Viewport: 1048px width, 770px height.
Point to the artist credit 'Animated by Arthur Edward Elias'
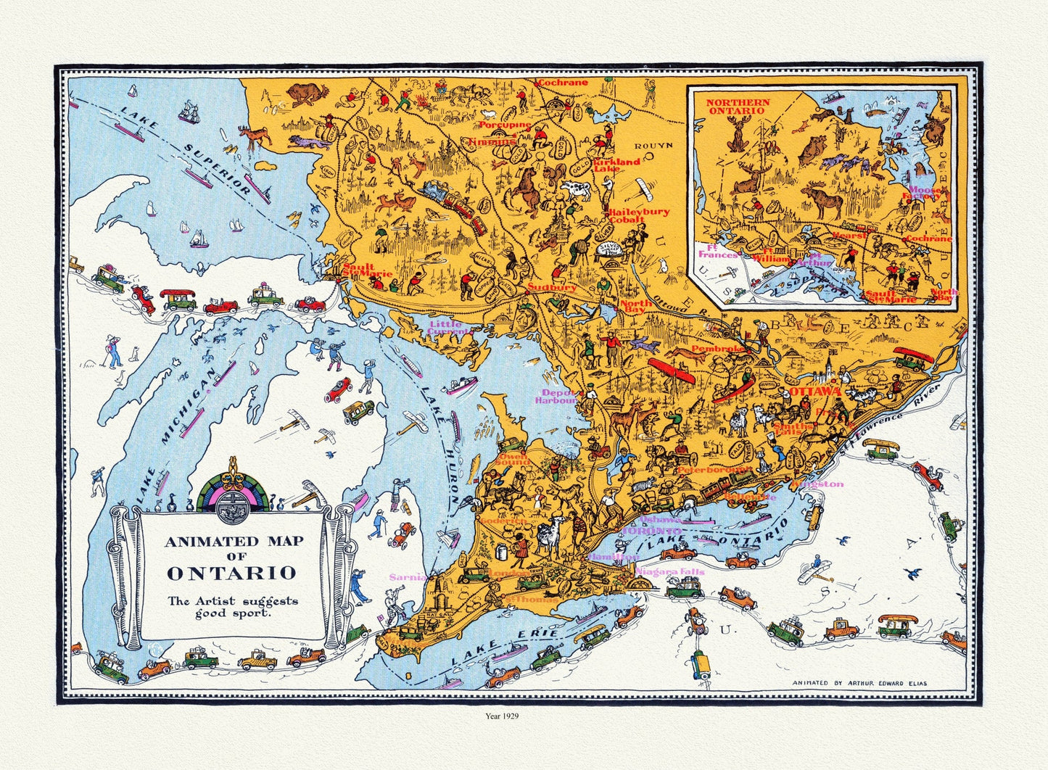(859, 683)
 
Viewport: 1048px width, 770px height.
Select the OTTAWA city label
(814, 392)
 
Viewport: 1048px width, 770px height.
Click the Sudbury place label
(552, 287)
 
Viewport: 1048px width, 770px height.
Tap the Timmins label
(491, 142)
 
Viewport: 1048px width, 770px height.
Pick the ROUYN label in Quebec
(655, 145)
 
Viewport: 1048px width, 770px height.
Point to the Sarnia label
(407, 577)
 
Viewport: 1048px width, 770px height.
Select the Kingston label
(817, 484)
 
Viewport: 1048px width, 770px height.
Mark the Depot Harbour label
(556, 396)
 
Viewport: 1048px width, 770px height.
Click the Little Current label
(450, 328)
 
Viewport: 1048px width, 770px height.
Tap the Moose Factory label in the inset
(924, 193)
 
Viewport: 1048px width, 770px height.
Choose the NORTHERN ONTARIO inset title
(738, 106)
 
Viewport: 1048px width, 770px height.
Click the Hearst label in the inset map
(849, 236)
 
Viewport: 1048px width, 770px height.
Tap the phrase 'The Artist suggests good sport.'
(232, 606)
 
